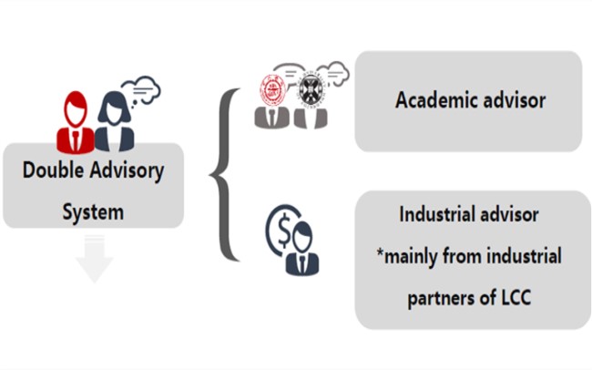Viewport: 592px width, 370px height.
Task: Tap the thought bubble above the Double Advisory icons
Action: [x=142, y=89]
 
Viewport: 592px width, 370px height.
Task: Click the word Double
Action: [x=53, y=170]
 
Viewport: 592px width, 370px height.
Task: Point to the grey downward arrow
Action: [x=94, y=259]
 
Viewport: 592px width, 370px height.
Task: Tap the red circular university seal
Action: [x=270, y=89]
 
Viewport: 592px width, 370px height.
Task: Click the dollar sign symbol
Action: [x=278, y=229]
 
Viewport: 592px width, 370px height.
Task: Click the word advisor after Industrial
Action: [x=511, y=215]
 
